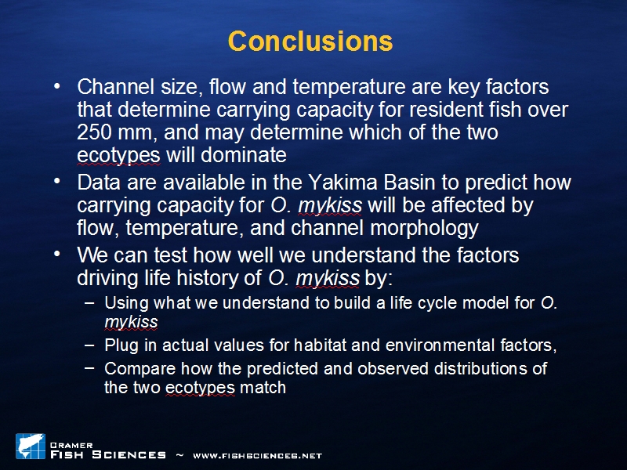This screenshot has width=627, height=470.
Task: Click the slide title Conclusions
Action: [310, 41]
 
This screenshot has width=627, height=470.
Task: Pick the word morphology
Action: [425, 229]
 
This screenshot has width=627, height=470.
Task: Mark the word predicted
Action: [282, 369]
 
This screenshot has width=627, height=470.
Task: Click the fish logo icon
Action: [31, 446]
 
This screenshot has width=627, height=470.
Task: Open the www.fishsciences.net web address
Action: [258, 456]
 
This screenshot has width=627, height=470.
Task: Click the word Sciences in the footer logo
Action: [129, 455]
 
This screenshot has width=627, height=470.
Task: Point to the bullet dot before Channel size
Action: [57, 86]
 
